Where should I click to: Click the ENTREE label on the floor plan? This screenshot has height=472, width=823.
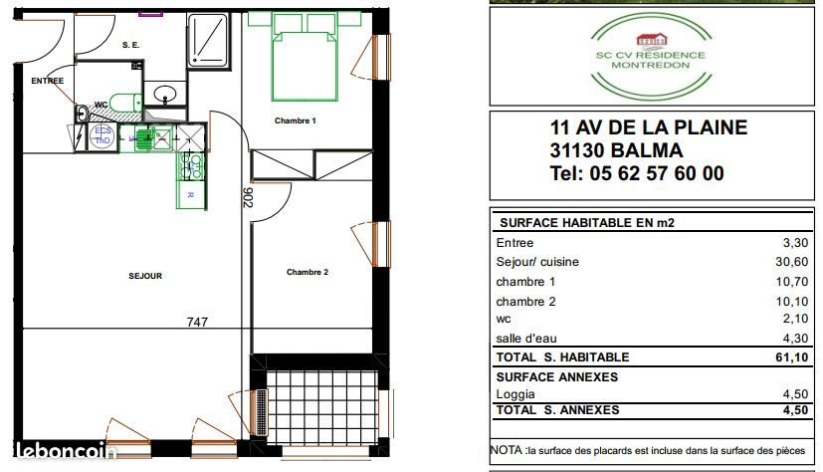47,81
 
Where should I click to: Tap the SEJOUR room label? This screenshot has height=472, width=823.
145,276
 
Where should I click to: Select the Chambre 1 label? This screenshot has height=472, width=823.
295,120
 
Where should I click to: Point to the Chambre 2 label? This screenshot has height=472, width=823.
307,272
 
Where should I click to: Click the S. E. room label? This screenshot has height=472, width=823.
130,45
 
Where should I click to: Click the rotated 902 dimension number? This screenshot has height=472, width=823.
246,197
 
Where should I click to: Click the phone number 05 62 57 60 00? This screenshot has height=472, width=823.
637,173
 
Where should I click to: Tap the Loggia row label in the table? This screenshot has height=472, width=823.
516,394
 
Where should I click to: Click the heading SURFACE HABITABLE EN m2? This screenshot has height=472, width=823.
585,223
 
